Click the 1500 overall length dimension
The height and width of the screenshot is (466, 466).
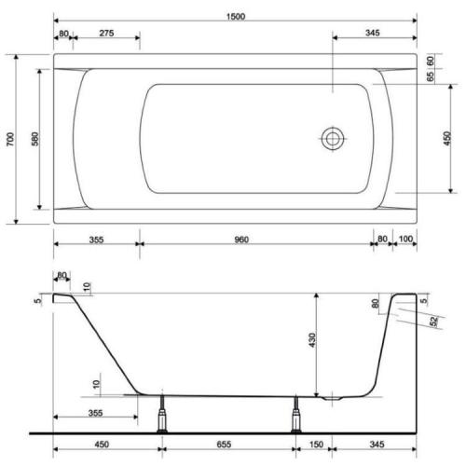click(236, 17)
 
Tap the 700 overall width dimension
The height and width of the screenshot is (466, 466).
click(10, 139)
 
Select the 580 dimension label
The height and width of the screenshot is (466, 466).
click(35, 139)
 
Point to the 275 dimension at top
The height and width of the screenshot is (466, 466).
click(106, 33)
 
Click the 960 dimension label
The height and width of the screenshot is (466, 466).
click(241, 240)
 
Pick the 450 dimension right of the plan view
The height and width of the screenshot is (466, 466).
click(446, 139)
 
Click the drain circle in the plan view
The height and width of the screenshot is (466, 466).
click(333, 139)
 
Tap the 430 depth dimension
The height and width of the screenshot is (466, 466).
click(312, 340)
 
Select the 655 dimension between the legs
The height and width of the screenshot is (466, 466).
click(224, 445)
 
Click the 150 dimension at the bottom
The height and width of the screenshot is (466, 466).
click(316, 445)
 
